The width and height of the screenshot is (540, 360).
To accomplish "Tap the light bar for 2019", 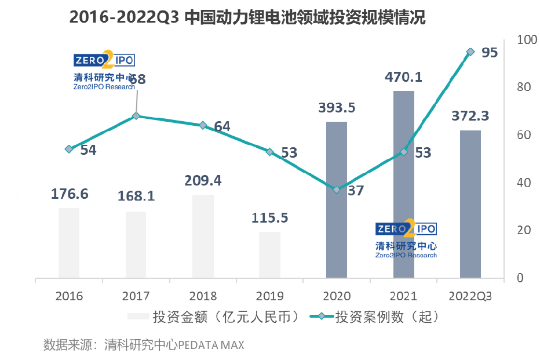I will pyautogui.click(x=269, y=254).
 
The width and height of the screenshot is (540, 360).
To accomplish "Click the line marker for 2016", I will pyautogui.click(x=69, y=149).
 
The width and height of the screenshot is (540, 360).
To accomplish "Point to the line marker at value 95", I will pyautogui.click(x=470, y=52).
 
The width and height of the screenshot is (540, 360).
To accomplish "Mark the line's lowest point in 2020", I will pyautogui.click(x=337, y=190).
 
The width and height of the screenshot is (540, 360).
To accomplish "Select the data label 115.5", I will pyautogui.click(x=269, y=218).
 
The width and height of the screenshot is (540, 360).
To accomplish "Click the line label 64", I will pyautogui.click(x=222, y=126).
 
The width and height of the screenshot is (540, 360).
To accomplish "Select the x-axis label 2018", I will pyautogui.click(x=203, y=296).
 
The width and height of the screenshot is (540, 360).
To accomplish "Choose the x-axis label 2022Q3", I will pyautogui.click(x=470, y=296).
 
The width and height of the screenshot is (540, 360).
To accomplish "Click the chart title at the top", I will pyautogui.click(x=247, y=17).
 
